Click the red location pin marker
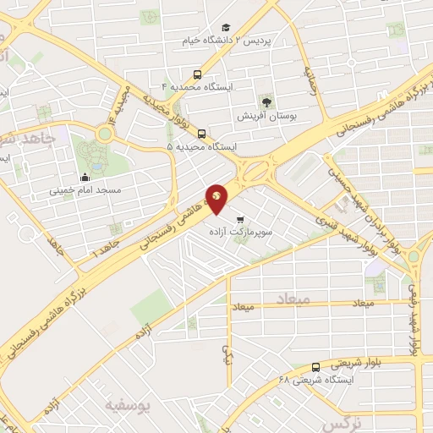click(217, 198)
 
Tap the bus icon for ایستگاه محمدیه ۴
click(197, 74)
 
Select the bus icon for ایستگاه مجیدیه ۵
click(201, 133)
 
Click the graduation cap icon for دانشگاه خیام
click(226, 27)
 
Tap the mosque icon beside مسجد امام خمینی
click(85, 178)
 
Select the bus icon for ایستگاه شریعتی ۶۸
click(315, 367)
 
